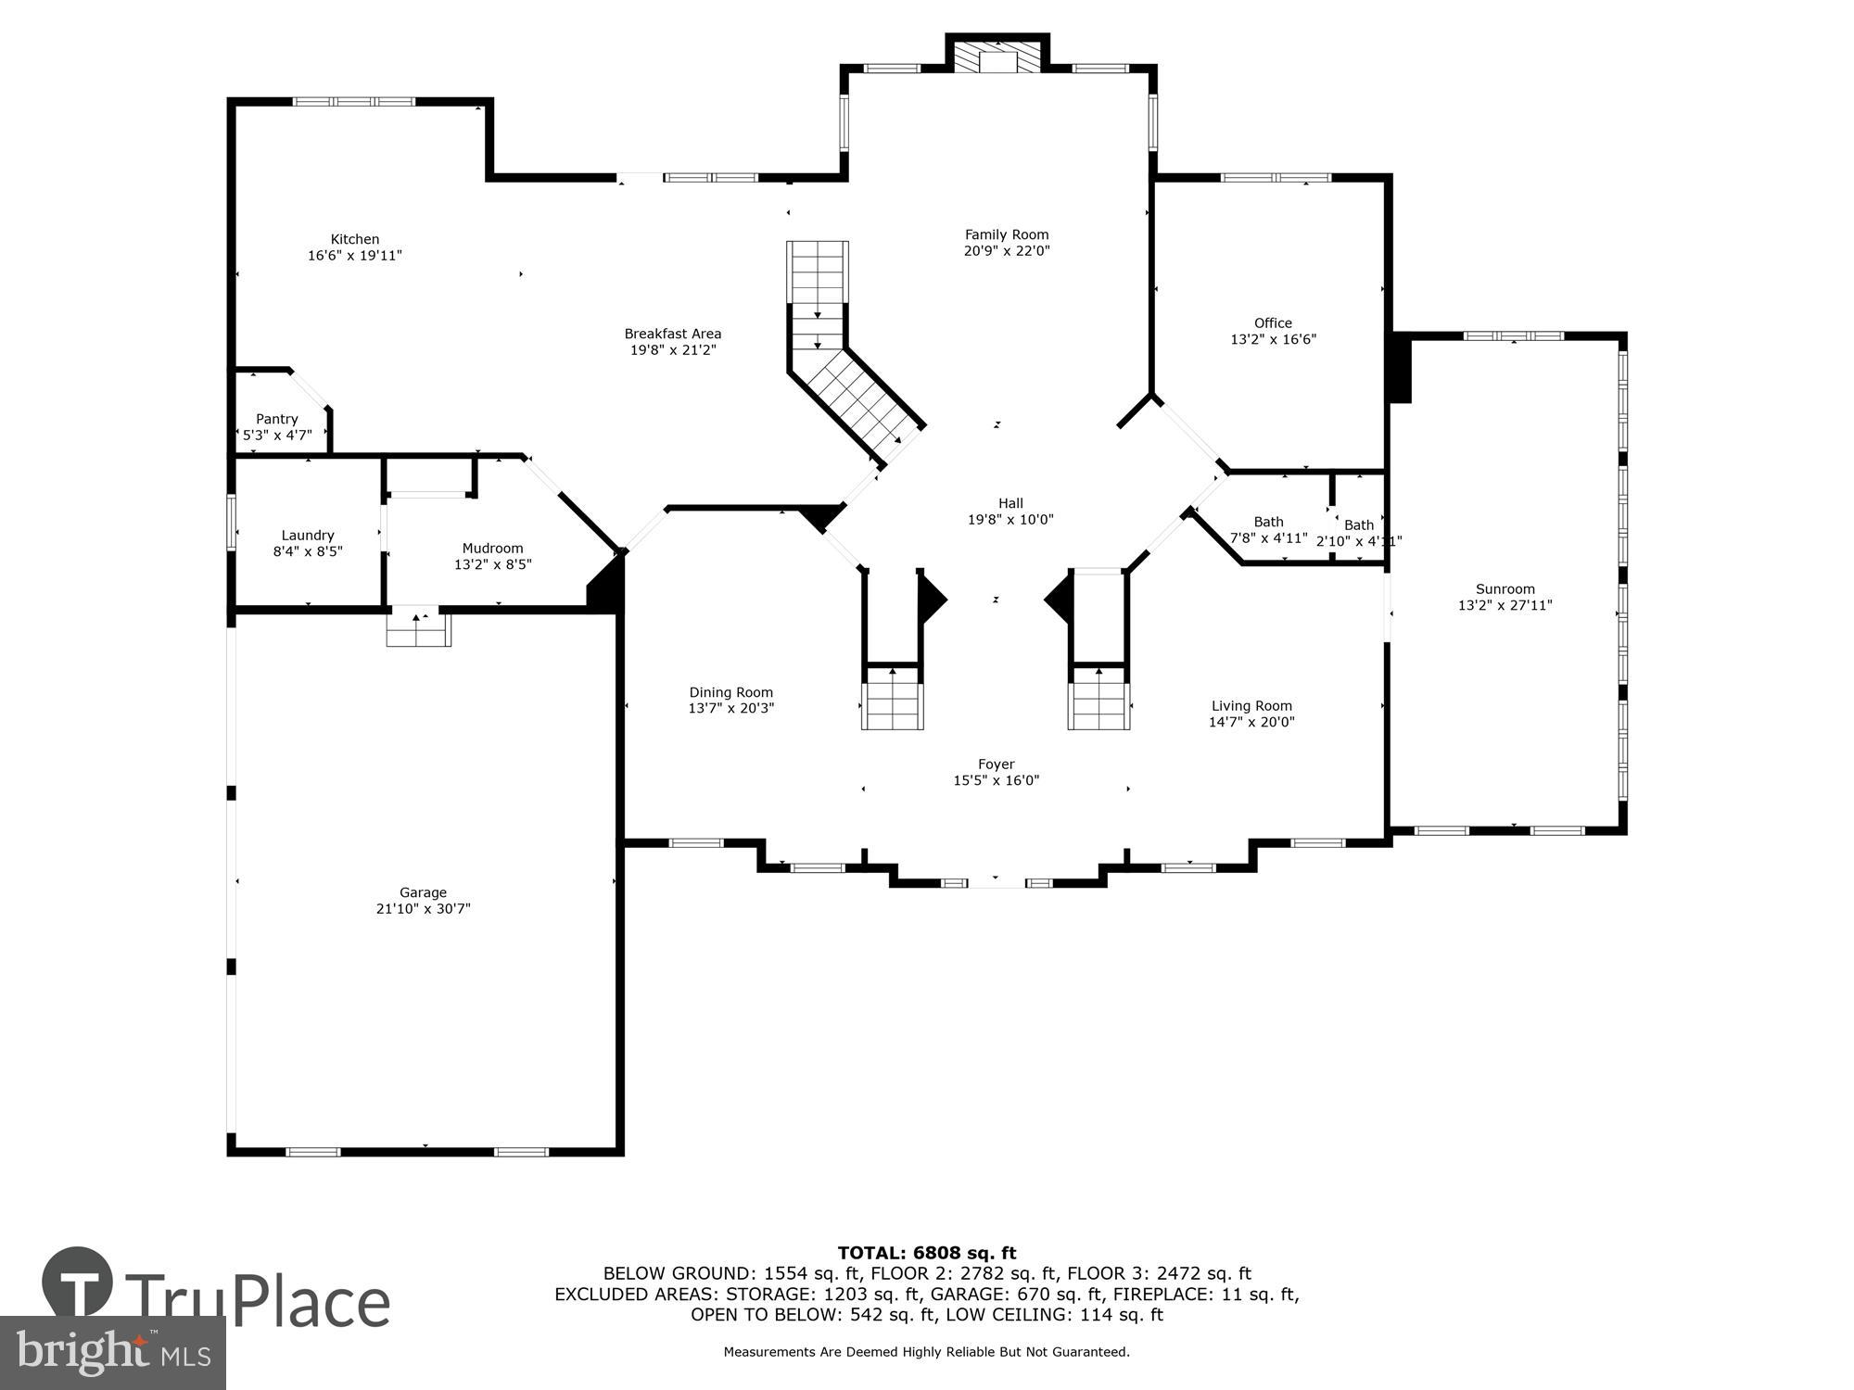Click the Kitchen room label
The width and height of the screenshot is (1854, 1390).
coord(355,239)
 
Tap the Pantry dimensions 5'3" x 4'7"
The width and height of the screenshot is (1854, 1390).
coord(278,435)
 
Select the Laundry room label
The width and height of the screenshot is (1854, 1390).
coord(308,535)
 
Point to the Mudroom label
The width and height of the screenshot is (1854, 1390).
coord(492,548)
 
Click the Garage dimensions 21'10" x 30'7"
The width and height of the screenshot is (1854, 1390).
coord(423,909)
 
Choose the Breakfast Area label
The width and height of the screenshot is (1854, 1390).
coord(672,334)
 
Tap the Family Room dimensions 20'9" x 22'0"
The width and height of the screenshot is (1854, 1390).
coord(1007,250)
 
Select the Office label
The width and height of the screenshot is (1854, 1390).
coord(1273,322)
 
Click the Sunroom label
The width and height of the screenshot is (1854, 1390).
coord(1505,588)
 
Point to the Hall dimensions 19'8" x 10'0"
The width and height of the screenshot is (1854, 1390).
coord(1010,520)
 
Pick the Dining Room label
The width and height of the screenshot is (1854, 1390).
coord(730,692)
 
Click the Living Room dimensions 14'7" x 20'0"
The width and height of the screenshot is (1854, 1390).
coord(1251,722)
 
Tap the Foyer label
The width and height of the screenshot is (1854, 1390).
coord(996,764)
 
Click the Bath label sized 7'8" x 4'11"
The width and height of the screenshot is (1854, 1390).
coord(1268,522)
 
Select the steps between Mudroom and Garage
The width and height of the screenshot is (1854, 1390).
coord(419,628)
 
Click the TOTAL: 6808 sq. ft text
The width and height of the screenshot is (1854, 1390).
coord(927,1253)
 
